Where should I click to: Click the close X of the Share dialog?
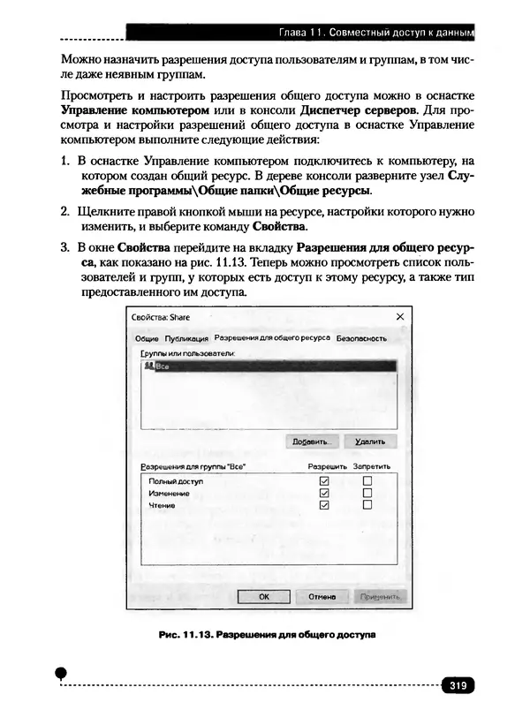coord(399,316)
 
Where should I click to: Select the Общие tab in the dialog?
coord(147,338)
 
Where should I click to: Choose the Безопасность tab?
coord(362,338)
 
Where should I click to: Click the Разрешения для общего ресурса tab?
coord(272,338)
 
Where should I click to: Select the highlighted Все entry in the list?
coord(163,366)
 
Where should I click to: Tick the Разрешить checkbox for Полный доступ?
coord(323,480)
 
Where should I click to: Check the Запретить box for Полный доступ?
coord(367,480)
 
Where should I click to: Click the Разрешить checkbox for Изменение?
coord(323,493)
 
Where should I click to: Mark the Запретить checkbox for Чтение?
coord(367,505)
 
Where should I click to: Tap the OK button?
coord(263,596)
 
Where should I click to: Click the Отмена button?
coord(322,596)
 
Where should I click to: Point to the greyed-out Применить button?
coord(380,596)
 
